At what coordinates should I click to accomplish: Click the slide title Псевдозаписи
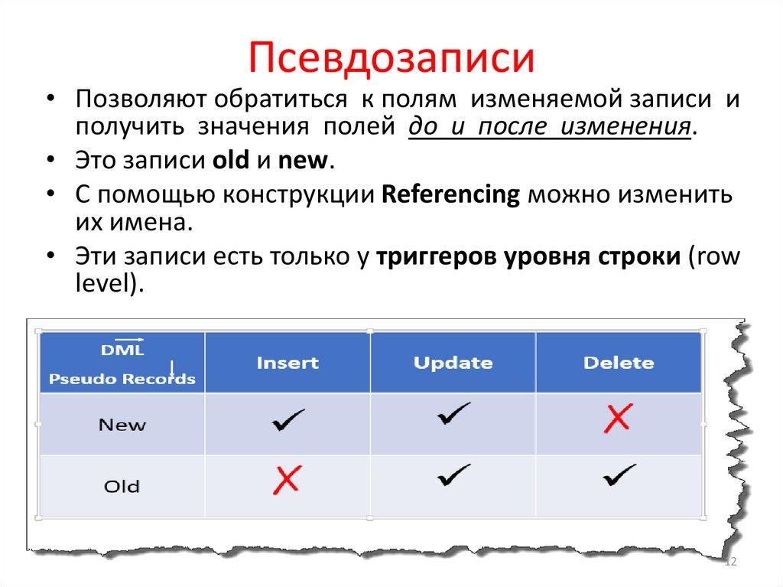(391, 57)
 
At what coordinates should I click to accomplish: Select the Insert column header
(288, 363)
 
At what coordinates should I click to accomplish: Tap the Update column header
(453, 363)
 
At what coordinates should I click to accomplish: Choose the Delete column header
(619, 363)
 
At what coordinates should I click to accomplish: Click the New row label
(122, 425)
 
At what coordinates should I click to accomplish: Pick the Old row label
(122, 485)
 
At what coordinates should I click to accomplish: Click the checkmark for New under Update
(453, 414)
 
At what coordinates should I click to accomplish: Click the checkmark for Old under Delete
(619, 476)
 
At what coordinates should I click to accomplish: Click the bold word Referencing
(450, 194)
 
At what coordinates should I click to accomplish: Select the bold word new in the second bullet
(302, 161)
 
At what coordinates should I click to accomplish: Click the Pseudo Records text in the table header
(122, 379)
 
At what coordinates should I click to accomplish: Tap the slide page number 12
(729, 563)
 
